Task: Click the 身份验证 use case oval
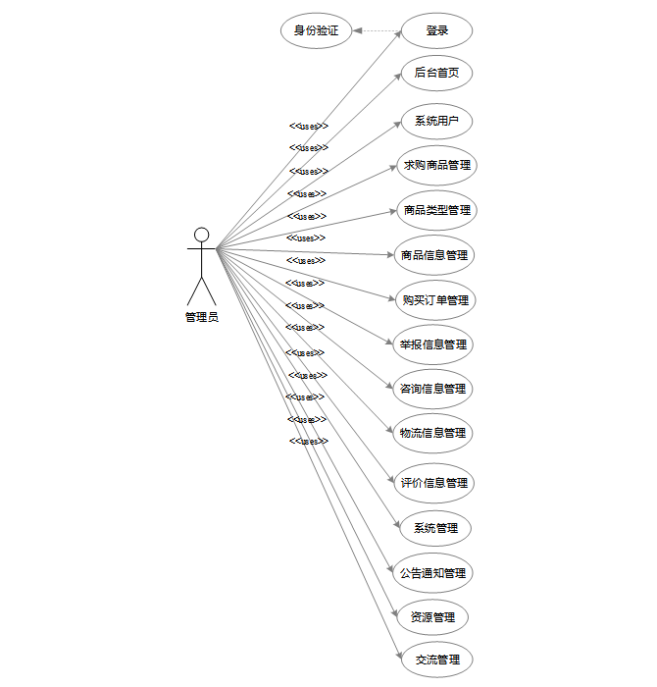pyautogui.click(x=316, y=30)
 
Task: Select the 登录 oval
pyautogui.click(x=437, y=30)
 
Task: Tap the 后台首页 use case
pyautogui.click(x=437, y=73)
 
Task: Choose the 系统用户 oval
pyautogui.click(x=437, y=122)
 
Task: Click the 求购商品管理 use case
pyautogui.click(x=437, y=165)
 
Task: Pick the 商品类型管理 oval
pyautogui.click(x=437, y=210)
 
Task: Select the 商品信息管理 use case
pyautogui.click(x=434, y=255)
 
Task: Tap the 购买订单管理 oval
pyautogui.click(x=435, y=300)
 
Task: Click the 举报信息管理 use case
pyautogui.click(x=433, y=344)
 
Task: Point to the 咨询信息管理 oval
pyautogui.click(x=432, y=389)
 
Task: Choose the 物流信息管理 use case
pyautogui.click(x=432, y=433)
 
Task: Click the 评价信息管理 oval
pyautogui.click(x=434, y=483)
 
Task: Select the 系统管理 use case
pyautogui.click(x=435, y=528)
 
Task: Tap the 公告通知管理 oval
pyautogui.click(x=433, y=573)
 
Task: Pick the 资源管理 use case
pyautogui.click(x=432, y=618)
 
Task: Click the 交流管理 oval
pyautogui.click(x=436, y=660)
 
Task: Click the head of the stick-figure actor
pyautogui.click(x=202, y=235)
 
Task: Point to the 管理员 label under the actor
pyautogui.click(x=202, y=317)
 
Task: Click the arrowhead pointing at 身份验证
pyautogui.click(x=358, y=31)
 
